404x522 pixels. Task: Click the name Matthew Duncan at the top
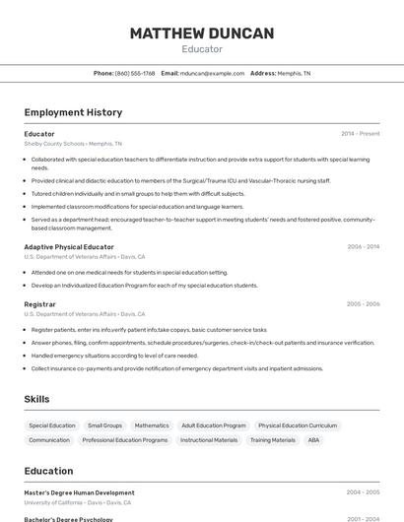[x=202, y=33]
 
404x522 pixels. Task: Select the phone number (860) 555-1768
[x=135, y=73]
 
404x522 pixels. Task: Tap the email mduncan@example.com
[x=212, y=73]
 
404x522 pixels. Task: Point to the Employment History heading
[x=73, y=112]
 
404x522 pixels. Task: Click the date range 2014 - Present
[x=360, y=133]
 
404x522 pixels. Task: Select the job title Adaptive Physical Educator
[x=69, y=246]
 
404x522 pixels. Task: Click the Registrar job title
[x=39, y=304]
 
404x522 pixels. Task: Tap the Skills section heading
[x=36, y=399]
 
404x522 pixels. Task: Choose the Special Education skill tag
[x=52, y=425]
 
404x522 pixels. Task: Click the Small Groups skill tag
[x=105, y=425]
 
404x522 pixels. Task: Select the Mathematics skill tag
[x=152, y=425]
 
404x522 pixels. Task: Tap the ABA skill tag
[x=313, y=440]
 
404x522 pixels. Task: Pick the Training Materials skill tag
[x=273, y=440]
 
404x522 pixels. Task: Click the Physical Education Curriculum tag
[x=298, y=425]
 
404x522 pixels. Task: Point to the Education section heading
[x=48, y=471]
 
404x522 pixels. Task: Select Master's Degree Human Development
[x=79, y=492]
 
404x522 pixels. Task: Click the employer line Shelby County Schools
[x=54, y=143]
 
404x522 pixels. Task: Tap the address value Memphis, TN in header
[x=294, y=73]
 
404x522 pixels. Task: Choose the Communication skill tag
[x=49, y=440]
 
